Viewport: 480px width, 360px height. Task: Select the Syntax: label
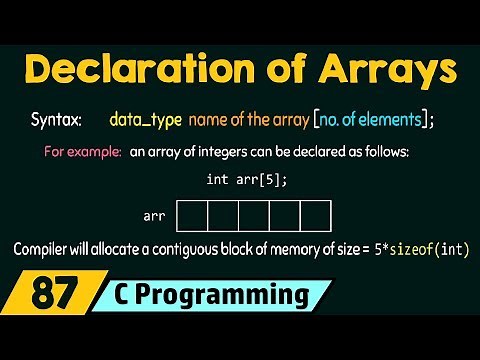[59, 121]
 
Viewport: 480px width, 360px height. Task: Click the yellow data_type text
[147, 121]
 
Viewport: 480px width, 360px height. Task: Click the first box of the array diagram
[192, 215]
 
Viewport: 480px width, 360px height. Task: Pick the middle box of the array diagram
[254, 215]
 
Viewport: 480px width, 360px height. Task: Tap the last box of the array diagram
[316, 215]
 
